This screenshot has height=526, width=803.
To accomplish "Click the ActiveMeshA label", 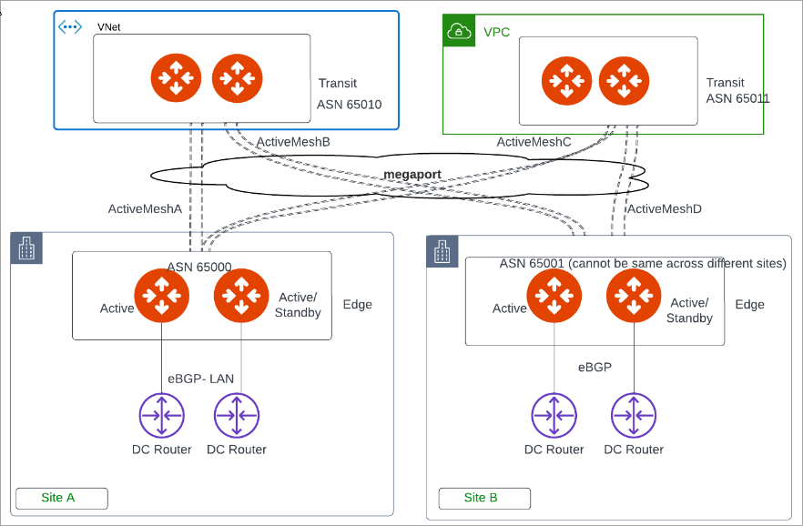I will click(145, 209).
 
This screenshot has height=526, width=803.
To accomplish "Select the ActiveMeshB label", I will click(293, 142).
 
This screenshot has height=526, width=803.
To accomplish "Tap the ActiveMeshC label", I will click(534, 142).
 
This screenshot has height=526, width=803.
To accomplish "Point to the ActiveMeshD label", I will click(665, 209).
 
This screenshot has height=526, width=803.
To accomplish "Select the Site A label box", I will click(61, 498).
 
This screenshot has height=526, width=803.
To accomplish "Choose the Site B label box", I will click(483, 498).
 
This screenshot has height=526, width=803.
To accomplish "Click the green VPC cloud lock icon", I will click(459, 32).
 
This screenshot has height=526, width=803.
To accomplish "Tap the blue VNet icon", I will click(70, 26).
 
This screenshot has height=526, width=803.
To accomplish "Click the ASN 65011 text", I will click(737, 98).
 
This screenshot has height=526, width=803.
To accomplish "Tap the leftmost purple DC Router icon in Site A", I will click(161, 416).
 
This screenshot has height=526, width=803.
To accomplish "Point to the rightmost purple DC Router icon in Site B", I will click(634, 416).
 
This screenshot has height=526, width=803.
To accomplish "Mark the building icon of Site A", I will click(26, 248).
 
